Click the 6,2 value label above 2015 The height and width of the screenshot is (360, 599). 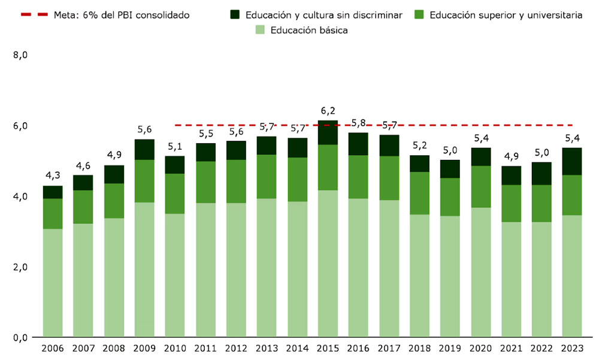pyautogui.click(x=328, y=110)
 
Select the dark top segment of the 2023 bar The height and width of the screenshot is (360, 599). pyautogui.click(x=572, y=161)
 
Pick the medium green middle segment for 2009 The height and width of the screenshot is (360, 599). pyautogui.click(x=144, y=181)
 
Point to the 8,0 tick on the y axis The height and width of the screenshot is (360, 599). pyautogui.click(x=20, y=55)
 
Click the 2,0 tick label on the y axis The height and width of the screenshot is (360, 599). pyautogui.click(x=20, y=267)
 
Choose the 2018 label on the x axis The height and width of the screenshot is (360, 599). pyautogui.click(x=419, y=349)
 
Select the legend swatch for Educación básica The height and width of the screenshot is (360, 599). pyautogui.click(x=259, y=29)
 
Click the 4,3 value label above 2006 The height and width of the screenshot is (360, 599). pyautogui.click(x=53, y=176)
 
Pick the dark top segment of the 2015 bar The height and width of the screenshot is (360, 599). pyautogui.click(x=328, y=132)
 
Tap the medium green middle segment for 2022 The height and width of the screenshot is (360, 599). pyautogui.click(x=541, y=203)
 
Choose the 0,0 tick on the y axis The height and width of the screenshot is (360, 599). pyautogui.click(x=20, y=338)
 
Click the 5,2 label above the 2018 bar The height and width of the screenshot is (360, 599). pyautogui.click(x=419, y=146)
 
